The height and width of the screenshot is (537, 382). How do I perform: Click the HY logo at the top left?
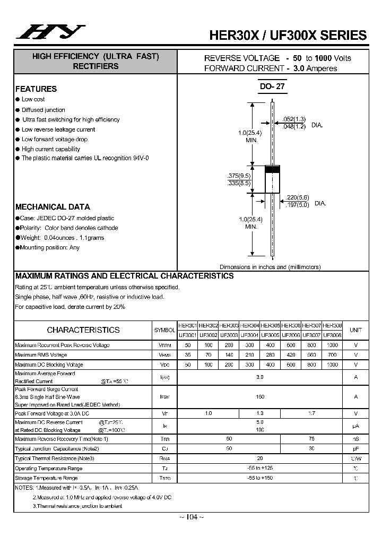coord(49,31)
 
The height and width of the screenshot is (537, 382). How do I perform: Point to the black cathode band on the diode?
coord(272,169)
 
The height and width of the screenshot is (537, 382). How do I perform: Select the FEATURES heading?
coord(36,89)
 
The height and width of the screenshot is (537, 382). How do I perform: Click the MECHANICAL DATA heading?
coord(53,207)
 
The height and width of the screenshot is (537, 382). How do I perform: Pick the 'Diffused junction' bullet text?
coord(43,110)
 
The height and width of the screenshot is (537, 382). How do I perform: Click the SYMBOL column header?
coord(164,330)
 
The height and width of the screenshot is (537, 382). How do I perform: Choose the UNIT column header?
coord(355,330)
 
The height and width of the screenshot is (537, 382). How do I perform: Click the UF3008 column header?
coord(332,335)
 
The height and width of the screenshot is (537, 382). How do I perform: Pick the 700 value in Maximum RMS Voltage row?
coord(332,354)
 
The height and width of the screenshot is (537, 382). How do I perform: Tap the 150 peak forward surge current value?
coord(259,396)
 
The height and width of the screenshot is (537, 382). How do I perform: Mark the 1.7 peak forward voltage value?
coord(311,413)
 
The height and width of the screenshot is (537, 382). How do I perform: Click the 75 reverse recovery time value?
coord(311,439)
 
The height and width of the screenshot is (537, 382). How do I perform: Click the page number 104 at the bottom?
coord(191,517)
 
